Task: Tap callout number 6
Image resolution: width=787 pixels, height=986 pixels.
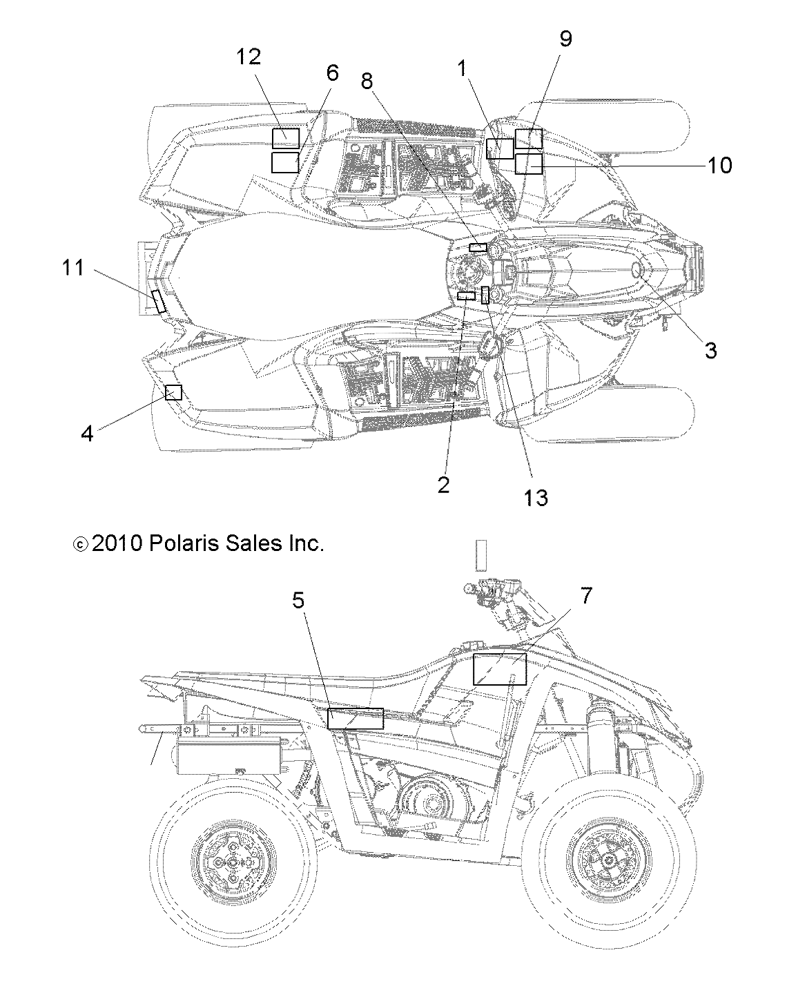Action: tap(332, 72)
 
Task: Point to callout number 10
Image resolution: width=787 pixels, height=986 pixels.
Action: tap(719, 165)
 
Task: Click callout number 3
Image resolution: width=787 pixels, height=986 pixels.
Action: tap(710, 350)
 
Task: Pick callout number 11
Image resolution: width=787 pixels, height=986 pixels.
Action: tap(73, 267)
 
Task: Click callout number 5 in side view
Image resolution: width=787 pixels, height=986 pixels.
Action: tap(298, 600)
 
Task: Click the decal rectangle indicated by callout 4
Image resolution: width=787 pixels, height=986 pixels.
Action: tap(173, 392)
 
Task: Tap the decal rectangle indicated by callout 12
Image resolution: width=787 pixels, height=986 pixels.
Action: tap(285, 137)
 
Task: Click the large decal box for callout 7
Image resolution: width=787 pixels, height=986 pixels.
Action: tap(499, 668)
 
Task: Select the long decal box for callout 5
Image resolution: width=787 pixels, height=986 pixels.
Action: tap(355, 718)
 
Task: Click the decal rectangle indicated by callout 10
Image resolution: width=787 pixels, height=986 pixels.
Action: tap(529, 164)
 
